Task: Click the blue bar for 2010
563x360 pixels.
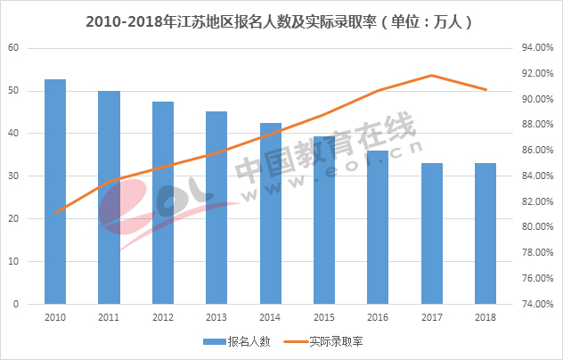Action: [x=55, y=192]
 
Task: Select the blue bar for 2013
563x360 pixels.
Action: [x=216, y=208]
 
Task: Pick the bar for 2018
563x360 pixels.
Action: [x=485, y=233]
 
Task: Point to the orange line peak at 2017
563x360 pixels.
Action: [x=432, y=75]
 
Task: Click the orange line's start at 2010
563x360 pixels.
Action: [x=55, y=212]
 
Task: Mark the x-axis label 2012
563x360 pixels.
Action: [x=163, y=316]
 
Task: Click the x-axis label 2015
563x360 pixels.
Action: [x=324, y=316]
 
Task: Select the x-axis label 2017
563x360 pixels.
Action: [x=432, y=316]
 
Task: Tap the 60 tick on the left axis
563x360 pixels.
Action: [x=13, y=47]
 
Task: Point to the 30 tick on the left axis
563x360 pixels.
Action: [x=13, y=176]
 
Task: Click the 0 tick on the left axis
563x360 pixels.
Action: [x=16, y=304]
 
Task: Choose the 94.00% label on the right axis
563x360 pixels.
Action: [x=537, y=47]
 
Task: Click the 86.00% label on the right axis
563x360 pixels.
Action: [x=537, y=150]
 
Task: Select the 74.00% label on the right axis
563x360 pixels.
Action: [x=537, y=304]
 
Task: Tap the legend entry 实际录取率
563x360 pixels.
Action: [x=336, y=341]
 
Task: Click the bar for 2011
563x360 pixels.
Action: [x=109, y=197]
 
